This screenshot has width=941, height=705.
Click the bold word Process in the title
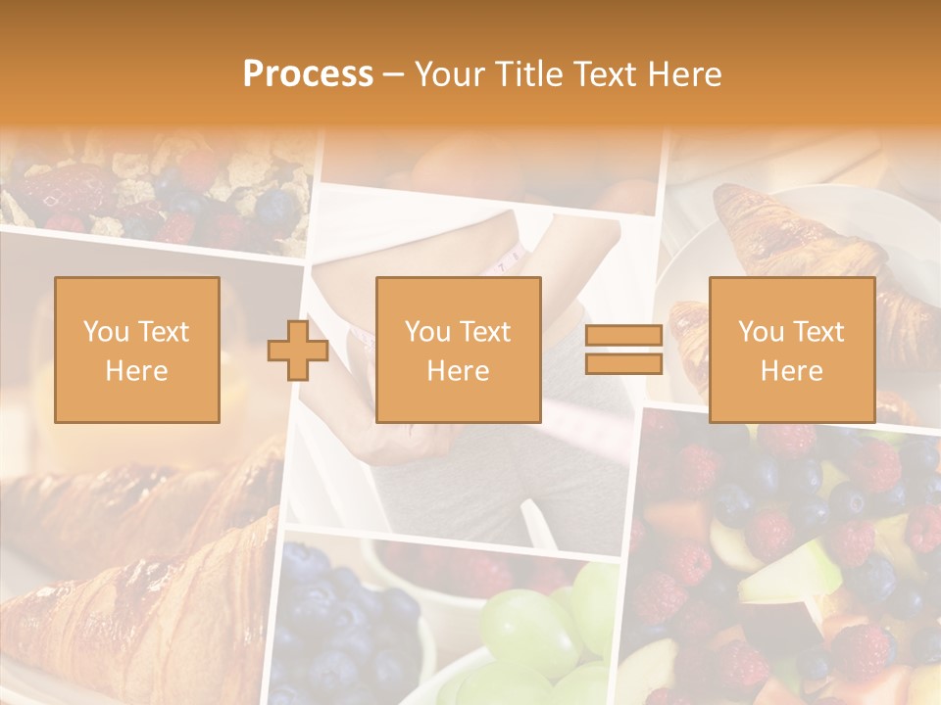click(x=308, y=74)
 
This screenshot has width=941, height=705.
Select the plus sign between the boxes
click(x=298, y=351)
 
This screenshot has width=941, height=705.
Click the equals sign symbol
click(x=623, y=351)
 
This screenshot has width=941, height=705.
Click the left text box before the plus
click(x=136, y=350)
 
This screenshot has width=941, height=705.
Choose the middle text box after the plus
click(x=458, y=350)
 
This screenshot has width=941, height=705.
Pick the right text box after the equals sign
click(x=791, y=350)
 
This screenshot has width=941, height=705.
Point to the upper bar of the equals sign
click(x=623, y=336)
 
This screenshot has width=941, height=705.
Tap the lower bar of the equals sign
click(x=623, y=364)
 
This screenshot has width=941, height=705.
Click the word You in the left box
click(x=104, y=332)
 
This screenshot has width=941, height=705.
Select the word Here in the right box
click(x=791, y=370)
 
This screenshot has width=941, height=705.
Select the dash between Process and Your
click(x=394, y=74)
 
